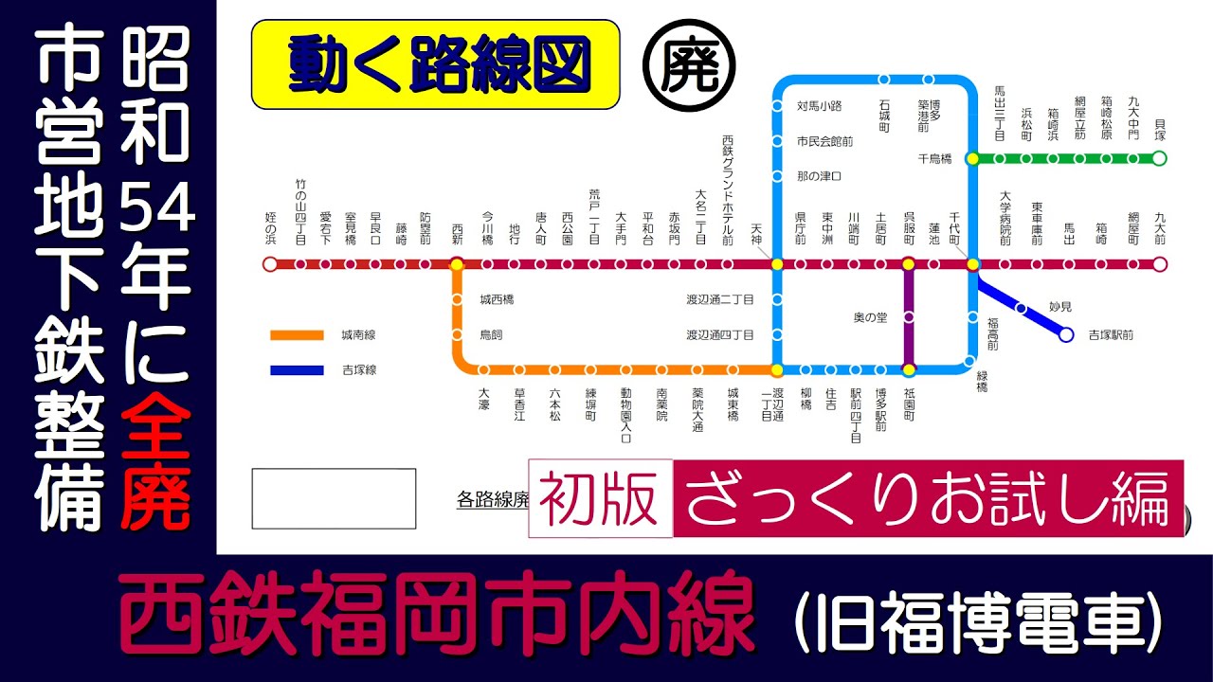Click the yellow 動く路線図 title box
(435, 65)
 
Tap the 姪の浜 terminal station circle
(270, 264)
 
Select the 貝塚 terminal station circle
(1159, 158)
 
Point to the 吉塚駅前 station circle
(1066, 334)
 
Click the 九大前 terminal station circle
(1159, 264)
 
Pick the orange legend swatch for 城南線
(297, 334)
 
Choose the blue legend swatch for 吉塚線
(297, 369)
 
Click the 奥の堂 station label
(870, 317)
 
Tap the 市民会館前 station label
(824, 141)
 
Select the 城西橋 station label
(497, 299)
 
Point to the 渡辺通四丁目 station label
(720, 334)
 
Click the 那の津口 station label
(820, 176)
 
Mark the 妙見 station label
(1059, 306)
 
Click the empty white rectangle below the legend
(334, 498)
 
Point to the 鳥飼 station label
(492, 334)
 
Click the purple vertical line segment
(908, 317)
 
